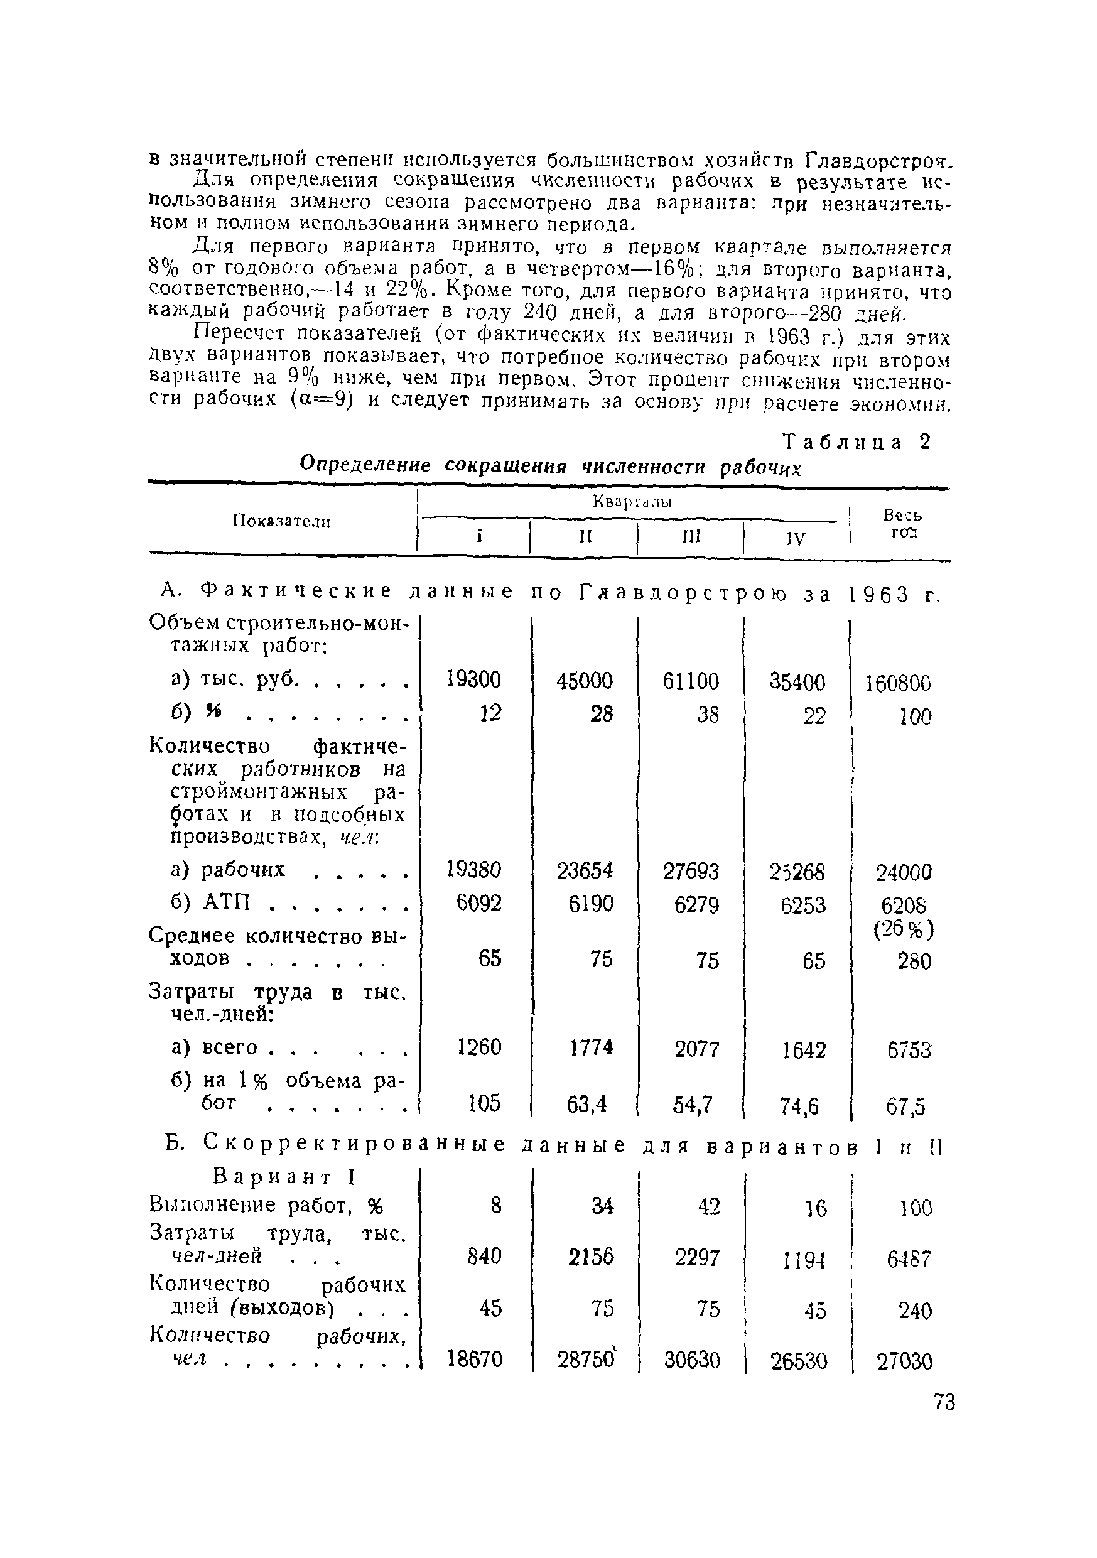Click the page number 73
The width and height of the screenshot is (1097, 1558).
944,1402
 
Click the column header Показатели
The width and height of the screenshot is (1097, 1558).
281,521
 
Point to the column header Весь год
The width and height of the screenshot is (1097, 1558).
902,523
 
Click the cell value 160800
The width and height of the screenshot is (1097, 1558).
897,683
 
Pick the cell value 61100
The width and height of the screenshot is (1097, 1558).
691,681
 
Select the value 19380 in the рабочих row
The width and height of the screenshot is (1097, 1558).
473,869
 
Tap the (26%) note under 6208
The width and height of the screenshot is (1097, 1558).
904,929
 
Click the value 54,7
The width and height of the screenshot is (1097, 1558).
693,1105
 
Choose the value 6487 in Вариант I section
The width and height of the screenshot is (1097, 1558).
909,1260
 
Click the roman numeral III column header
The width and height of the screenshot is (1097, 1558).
691,537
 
